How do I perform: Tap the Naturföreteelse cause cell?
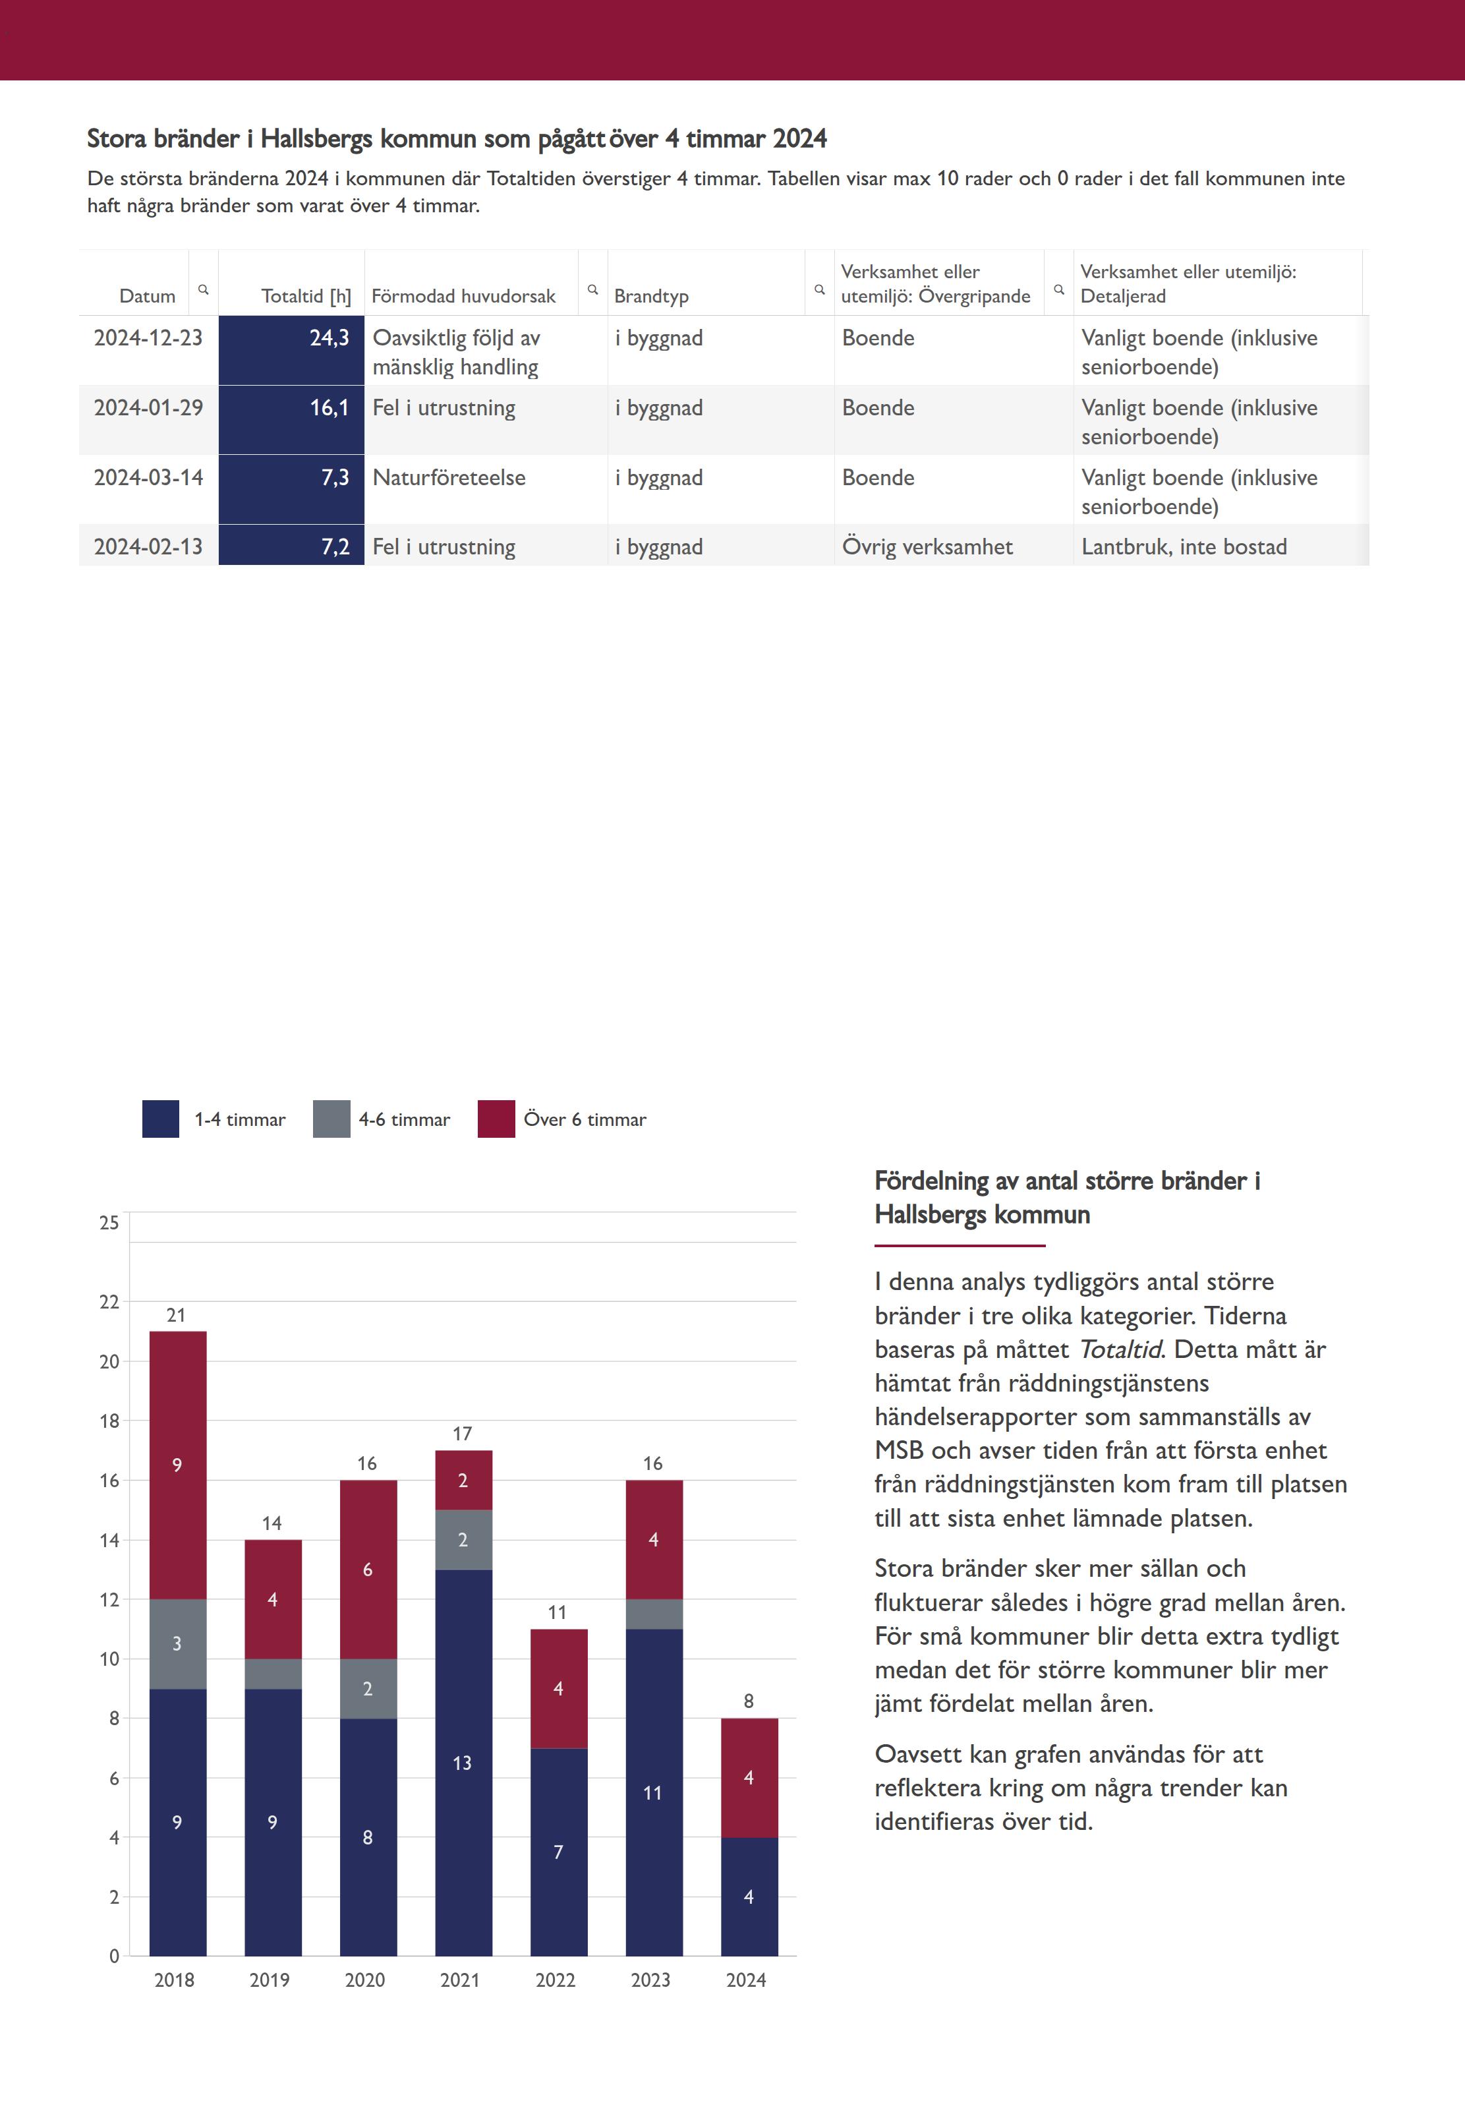[x=449, y=477]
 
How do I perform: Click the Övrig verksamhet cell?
[x=927, y=547]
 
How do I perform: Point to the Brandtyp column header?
[x=651, y=295]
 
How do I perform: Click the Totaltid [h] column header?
[x=306, y=295]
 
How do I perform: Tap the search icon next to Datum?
[x=204, y=289]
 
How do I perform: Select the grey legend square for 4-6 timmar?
[x=331, y=1119]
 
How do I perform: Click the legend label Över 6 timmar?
[x=585, y=1119]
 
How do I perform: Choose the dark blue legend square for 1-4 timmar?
[x=161, y=1119]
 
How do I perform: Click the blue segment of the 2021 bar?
[x=463, y=1762]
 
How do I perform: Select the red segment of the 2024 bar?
[x=749, y=1777]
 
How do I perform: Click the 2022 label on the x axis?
[x=556, y=1980]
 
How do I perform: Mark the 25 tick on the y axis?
[x=109, y=1223]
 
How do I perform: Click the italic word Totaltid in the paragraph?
[x=1120, y=1349]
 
